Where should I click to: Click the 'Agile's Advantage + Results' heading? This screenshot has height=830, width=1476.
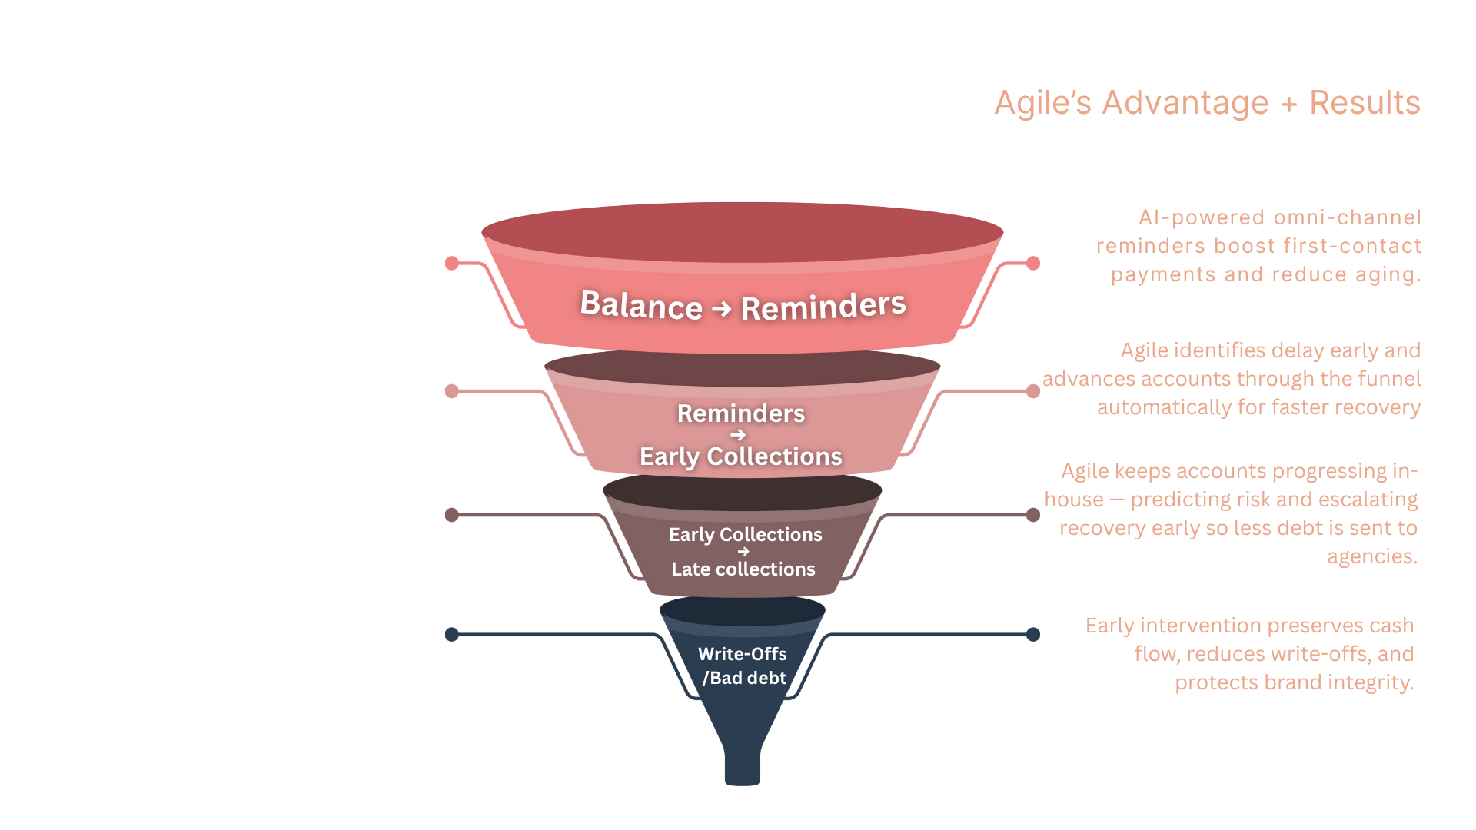click(x=1207, y=103)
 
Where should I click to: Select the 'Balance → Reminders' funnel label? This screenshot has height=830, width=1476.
click(x=743, y=306)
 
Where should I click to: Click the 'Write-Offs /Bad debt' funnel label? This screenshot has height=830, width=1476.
click(x=743, y=666)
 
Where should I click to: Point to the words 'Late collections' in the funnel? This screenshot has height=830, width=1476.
click(x=743, y=569)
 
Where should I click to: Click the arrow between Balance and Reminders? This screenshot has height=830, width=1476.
click(x=721, y=309)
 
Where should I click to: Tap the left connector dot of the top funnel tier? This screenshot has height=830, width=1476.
click(x=452, y=264)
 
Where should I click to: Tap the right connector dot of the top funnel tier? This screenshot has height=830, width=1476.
click(x=1033, y=264)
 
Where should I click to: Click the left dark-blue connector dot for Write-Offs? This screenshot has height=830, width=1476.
click(x=452, y=635)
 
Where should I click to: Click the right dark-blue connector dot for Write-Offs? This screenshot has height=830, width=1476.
click(x=1033, y=635)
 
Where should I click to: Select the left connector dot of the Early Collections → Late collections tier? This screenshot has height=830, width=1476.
click(x=452, y=515)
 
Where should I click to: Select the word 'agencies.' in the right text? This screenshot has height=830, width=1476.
click(x=1371, y=556)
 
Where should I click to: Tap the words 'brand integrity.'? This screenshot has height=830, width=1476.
click(x=1333, y=682)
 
